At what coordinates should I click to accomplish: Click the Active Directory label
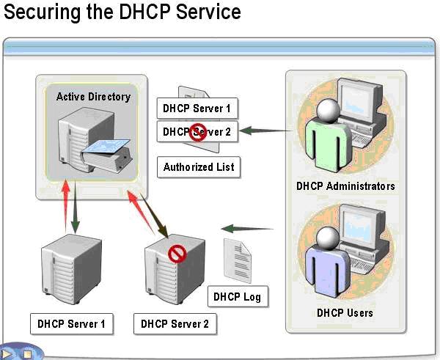[93, 96]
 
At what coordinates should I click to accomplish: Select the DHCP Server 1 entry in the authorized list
[197, 109]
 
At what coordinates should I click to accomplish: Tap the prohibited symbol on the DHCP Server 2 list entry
[196, 133]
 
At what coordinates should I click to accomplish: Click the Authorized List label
[199, 167]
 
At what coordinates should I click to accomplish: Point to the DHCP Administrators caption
[345, 186]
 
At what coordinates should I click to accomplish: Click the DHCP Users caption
[345, 313]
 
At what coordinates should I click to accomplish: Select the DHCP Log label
[237, 297]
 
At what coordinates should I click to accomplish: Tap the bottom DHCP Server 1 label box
[72, 323]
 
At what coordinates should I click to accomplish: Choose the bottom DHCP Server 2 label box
[175, 323]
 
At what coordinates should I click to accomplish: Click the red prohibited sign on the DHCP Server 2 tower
[177, 254]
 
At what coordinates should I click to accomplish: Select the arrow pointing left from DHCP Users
[247, 228]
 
